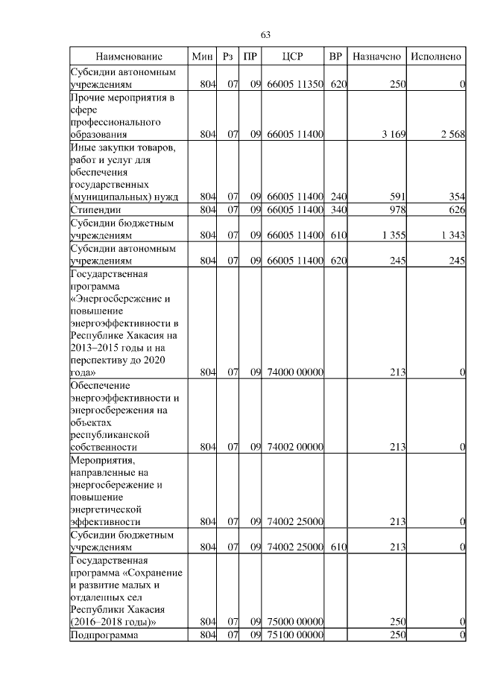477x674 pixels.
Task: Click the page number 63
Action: pyautogui.click(x=265, y=34)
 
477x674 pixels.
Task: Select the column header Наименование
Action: pyautogui.click(x=129, y=57)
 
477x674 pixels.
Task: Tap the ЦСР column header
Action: pyautogui.click(x=292, y=57)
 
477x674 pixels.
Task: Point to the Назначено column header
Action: pyautogui.click(x=377, y=57)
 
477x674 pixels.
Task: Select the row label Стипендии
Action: pyautogui.click(x=95, y=211)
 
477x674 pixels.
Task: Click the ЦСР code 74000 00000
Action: pyautogui.click(x=295, y=372)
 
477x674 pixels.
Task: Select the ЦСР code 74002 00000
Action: pyautogui.click(x=295, y=448)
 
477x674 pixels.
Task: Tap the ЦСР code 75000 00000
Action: pyautogui.click(x=295, y=622)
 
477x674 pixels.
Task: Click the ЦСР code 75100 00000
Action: pyautogui.click(x=295, y=635)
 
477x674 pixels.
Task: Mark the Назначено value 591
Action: pyautogui.click(x=397, y=197)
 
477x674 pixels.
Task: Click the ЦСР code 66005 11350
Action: pyautogui.click(x=295, y=85)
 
